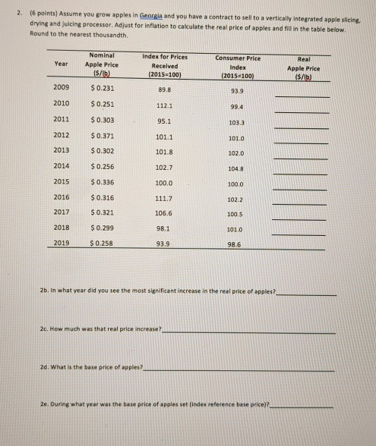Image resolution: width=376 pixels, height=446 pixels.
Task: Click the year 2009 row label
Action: pos(62,89)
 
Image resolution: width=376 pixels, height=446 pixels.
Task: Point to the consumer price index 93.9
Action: pos(235,92)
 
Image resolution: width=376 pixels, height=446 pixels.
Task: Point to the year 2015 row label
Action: pos(62,181)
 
